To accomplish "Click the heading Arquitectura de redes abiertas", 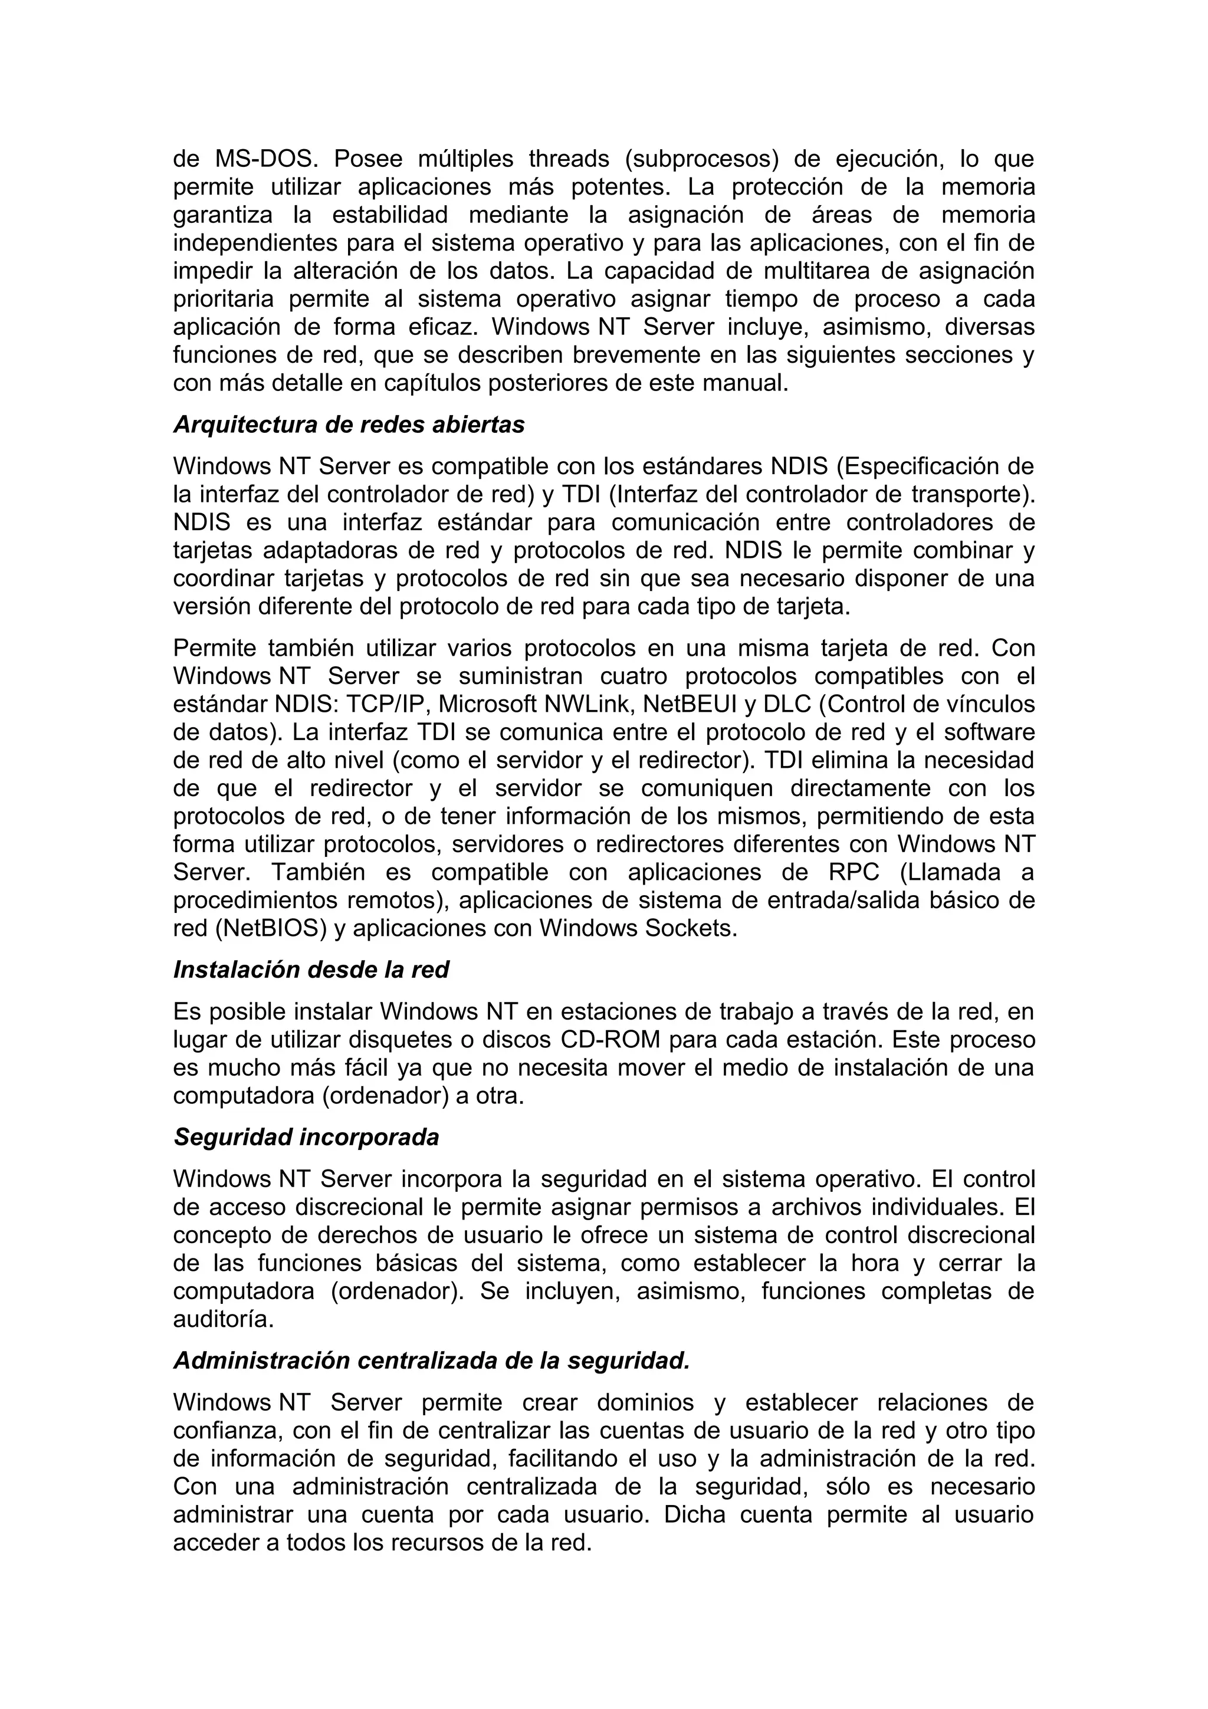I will (349, 424).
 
